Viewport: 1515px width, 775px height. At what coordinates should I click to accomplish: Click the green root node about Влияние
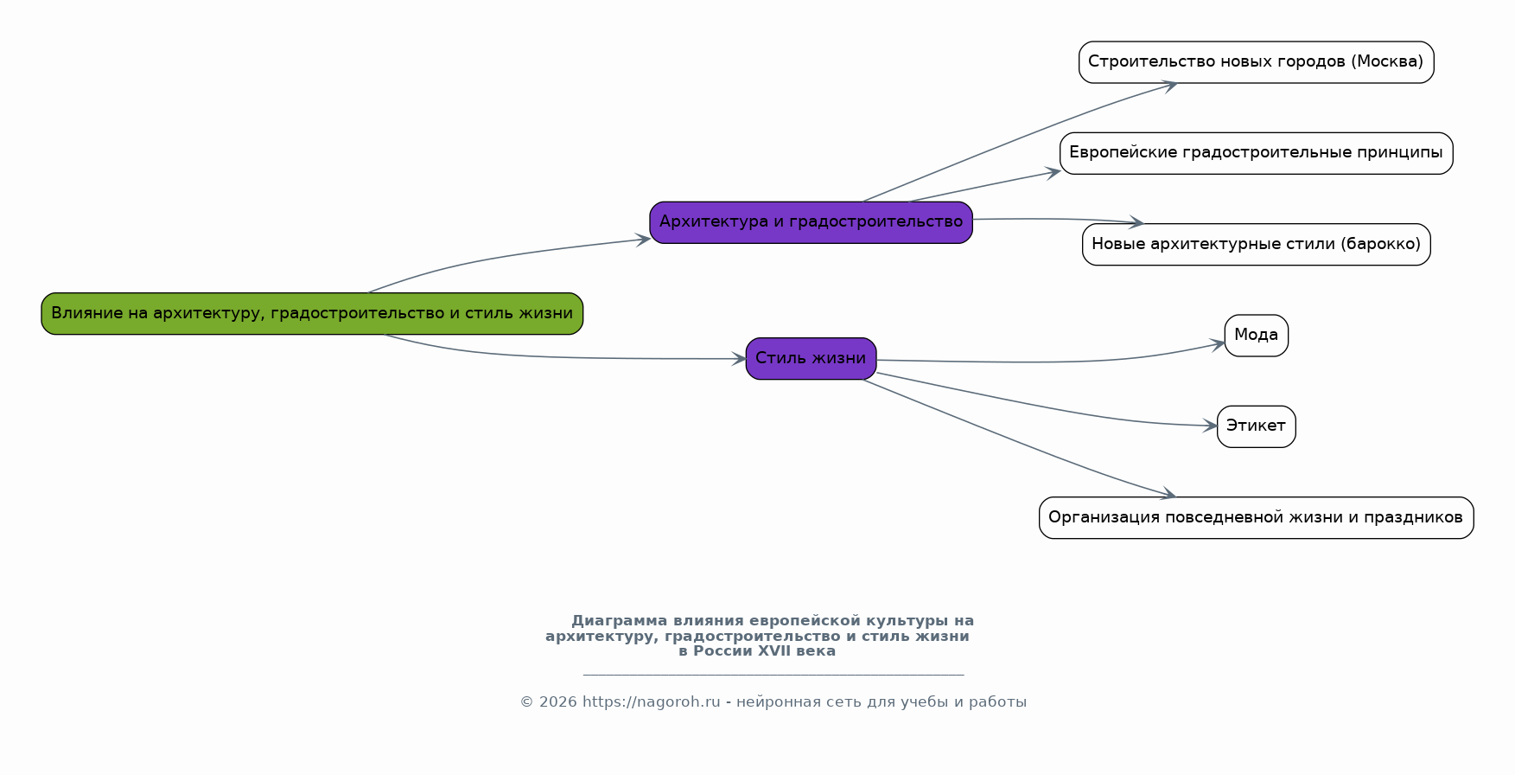pos(312,313)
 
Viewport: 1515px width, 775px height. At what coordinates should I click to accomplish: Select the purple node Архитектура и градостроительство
pos(811,222)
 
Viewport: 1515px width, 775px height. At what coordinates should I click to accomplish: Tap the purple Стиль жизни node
pos(811,358)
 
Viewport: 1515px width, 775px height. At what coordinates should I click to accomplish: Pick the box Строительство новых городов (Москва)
pos(1256,62)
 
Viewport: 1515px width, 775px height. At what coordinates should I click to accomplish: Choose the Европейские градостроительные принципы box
pos(1256,153)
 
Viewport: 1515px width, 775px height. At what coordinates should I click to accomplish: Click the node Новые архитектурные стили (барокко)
pos(1256,244)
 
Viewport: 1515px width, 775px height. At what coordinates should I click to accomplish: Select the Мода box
pos(1256,336)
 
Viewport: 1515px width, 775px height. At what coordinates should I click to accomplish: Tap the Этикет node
pos(1256,426)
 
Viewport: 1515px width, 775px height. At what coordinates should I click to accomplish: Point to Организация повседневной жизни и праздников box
pos(1256,517)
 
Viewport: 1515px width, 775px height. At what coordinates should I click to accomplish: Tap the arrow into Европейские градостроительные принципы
pos(985,186)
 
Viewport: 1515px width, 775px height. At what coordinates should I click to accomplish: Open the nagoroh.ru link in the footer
pos(651,702)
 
